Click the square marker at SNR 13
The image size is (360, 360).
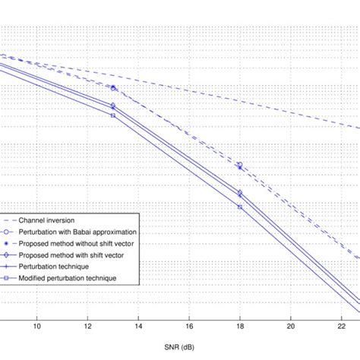pos(112,115)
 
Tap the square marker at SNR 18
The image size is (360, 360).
pos(240,207)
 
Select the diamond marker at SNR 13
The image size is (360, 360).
pos(112,106)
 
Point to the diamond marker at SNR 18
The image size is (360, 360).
pos(240,193)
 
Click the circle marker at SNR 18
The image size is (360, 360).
pos(240,165)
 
